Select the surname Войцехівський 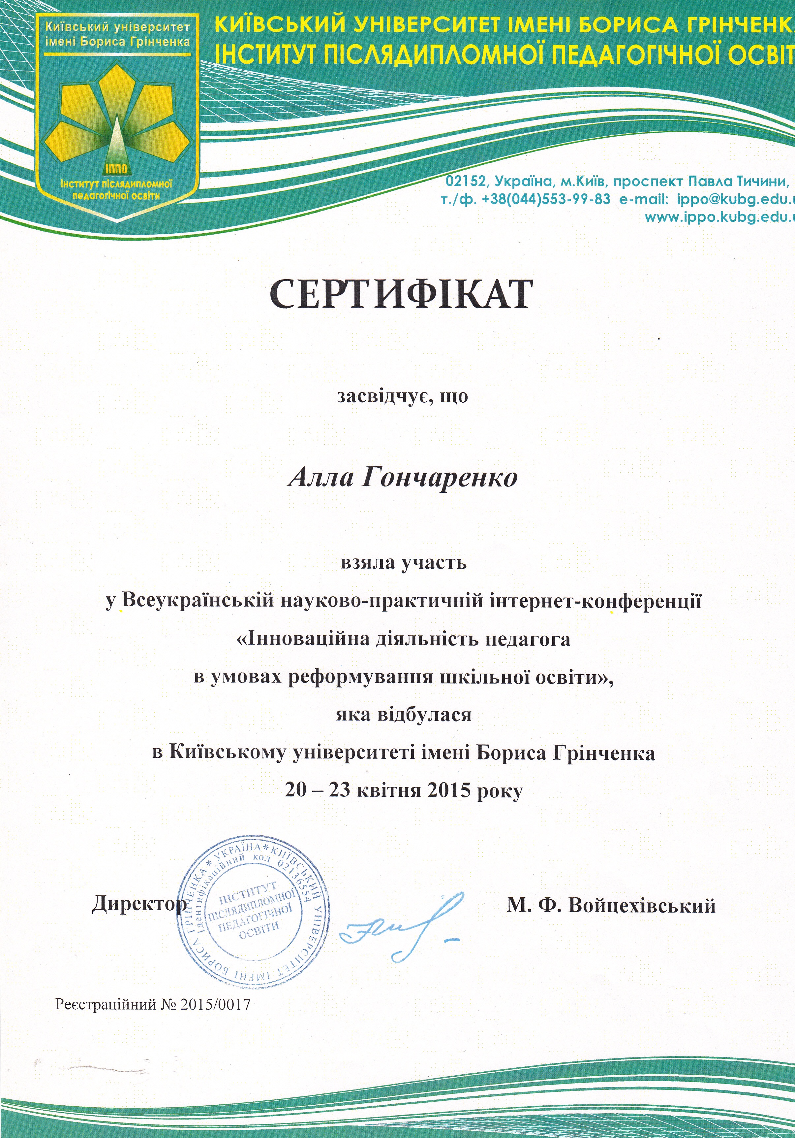pyautogui.click(x=641, y=906)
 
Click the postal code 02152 pyautogui.click(x=466, y=182)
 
